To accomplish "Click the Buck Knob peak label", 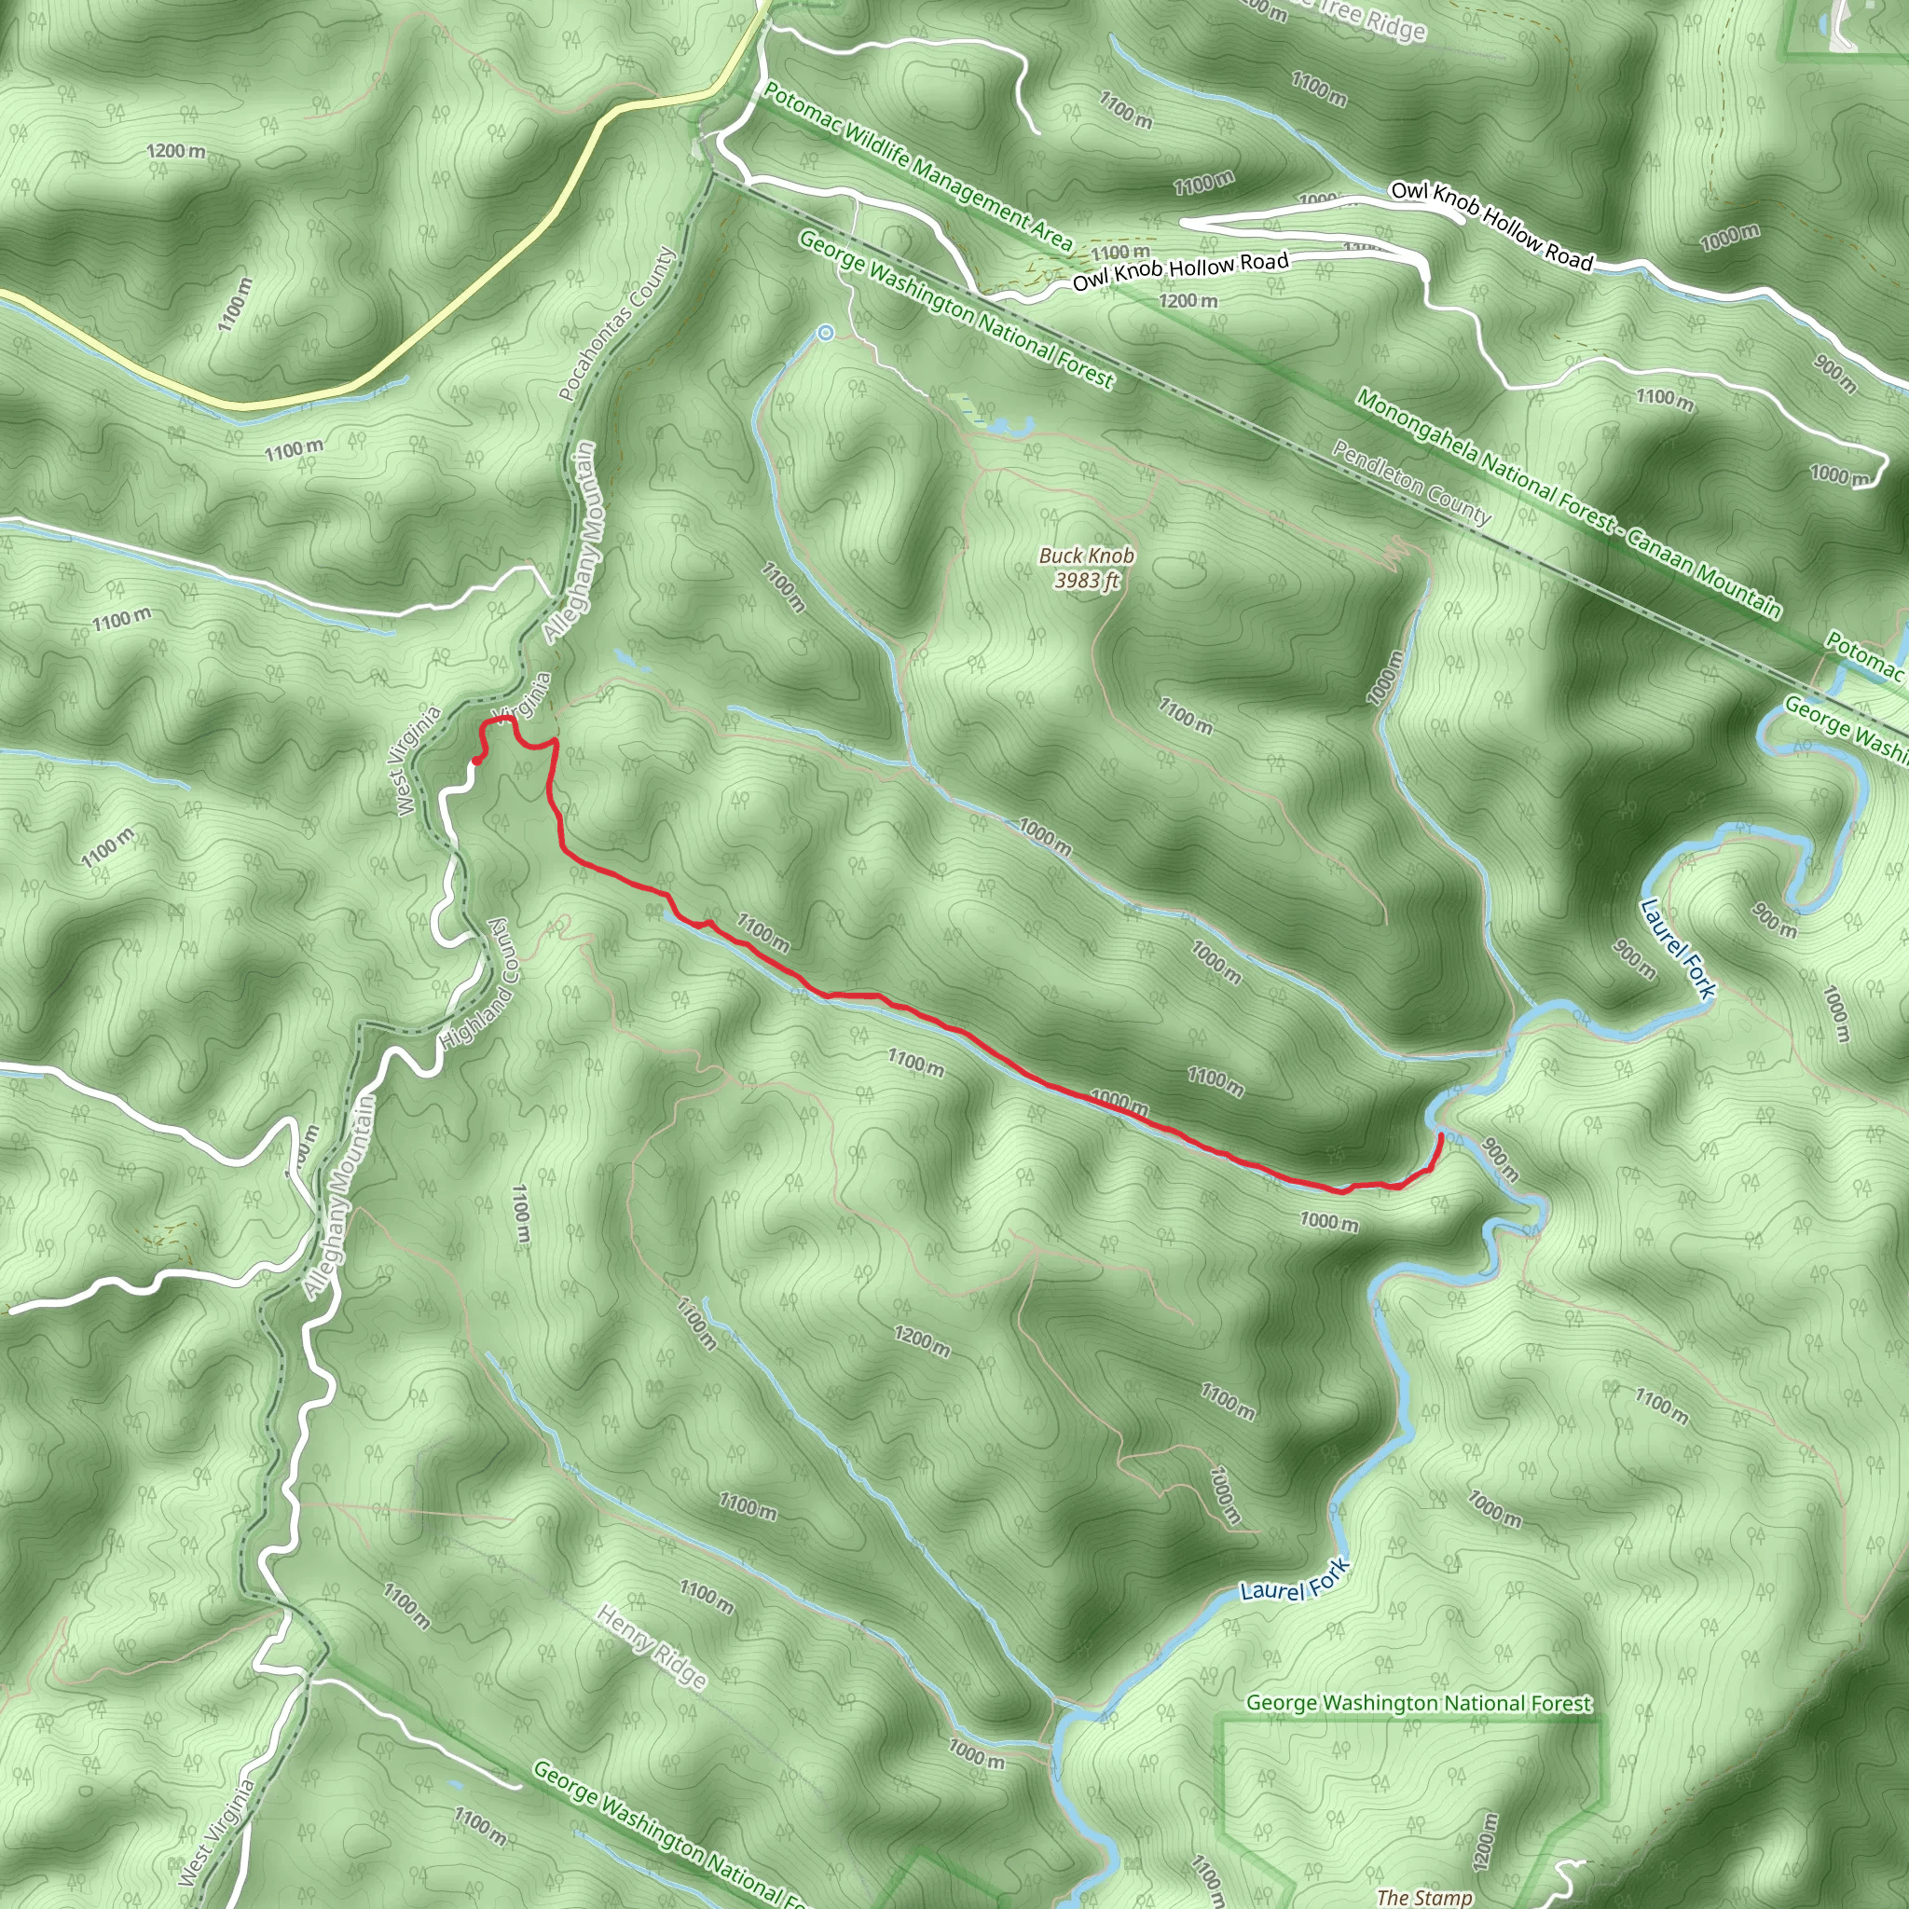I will click(x=1086, y=556).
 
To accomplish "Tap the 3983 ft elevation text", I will click(x=1086, y=580).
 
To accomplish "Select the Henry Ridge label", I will click(x=652, y=1645).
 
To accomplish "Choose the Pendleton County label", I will click(x=1411, y=483).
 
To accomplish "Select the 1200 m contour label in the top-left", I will click(x=176, y=151).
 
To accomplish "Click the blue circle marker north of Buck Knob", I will click(x=825, y=333).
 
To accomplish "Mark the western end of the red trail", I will click(x=477, y=760).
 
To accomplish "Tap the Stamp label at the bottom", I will click(x=1424, y=1896).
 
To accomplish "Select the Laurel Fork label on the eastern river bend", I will click(x=1678, y=948).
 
